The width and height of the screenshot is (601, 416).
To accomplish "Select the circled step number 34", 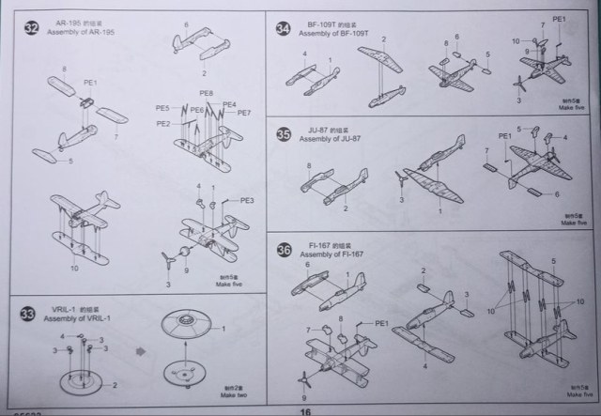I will [x=283, y=28].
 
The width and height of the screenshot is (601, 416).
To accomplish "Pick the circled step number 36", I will [x=283, y=250].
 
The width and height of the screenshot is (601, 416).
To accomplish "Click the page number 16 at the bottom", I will [x=305, y=410].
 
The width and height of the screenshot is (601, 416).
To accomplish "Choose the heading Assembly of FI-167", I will [x=334, y=254].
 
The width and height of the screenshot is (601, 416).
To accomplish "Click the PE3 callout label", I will [x=247, y=200].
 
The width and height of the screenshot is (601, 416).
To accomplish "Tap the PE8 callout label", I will [x=206, y=94].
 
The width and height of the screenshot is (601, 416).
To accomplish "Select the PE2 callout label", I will [x=163, y=124].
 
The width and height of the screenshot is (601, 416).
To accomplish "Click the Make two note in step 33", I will [x=235, y=393].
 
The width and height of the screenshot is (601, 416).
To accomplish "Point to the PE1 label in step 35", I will [x=504, y=136].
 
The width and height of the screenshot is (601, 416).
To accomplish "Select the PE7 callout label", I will [x=243, y=114].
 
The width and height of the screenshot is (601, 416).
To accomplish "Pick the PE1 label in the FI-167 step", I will [x=381, y=323].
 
